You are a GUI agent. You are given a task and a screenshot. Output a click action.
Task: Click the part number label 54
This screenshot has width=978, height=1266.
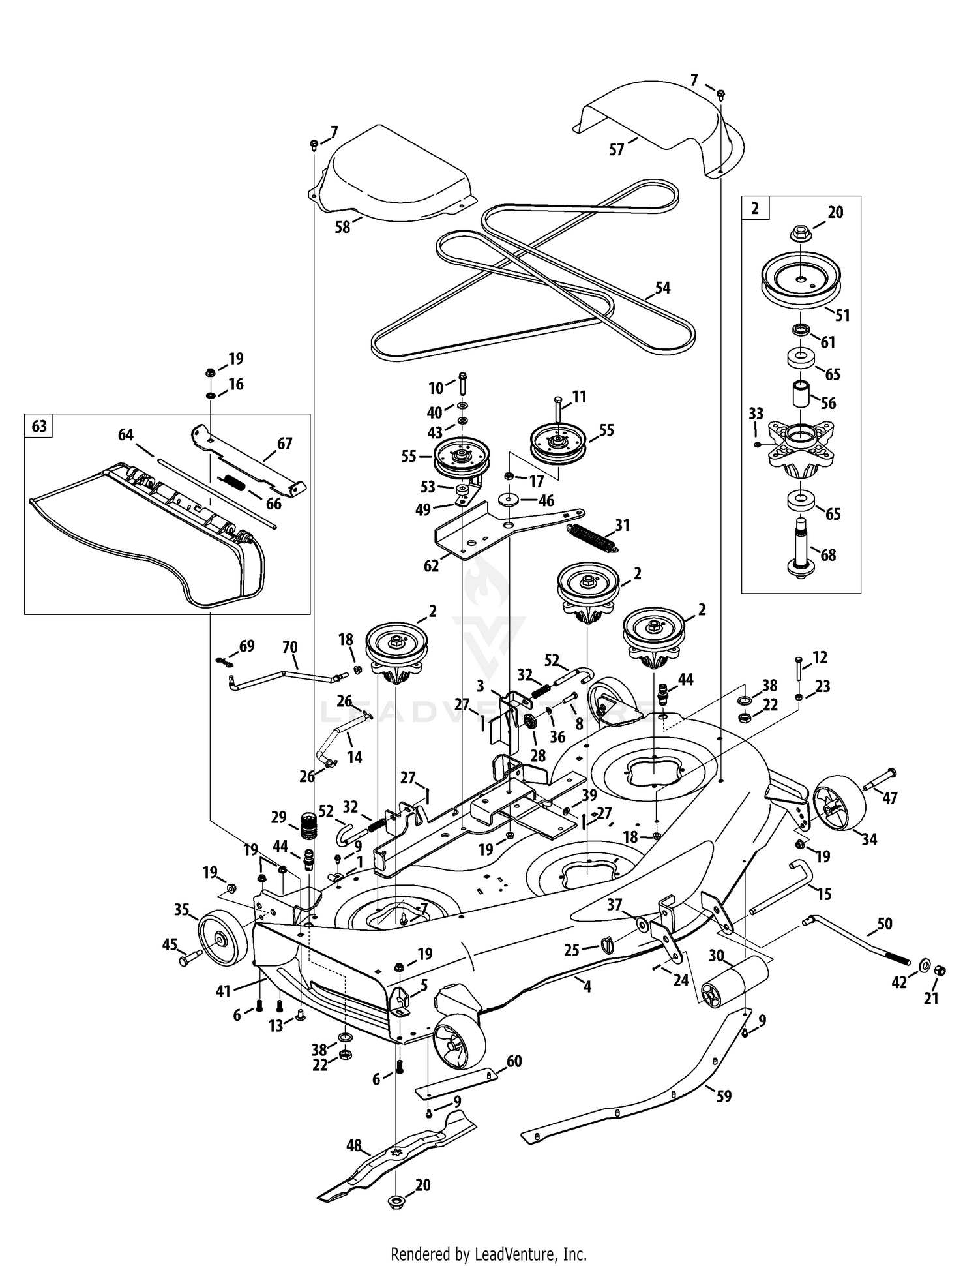[x=662, y=288]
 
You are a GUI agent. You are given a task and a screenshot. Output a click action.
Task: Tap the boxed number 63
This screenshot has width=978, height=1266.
[x=39, y=426]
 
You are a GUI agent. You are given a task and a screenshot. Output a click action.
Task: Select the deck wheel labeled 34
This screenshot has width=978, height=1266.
[x=837, y=805]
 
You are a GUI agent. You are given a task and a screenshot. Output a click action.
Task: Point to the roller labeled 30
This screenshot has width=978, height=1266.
[x=735, y=983]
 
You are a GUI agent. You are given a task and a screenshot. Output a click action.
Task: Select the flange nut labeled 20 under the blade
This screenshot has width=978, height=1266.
[x=396, y=1221]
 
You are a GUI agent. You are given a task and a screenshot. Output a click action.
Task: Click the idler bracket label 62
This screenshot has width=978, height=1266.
[x=432, y=565]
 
